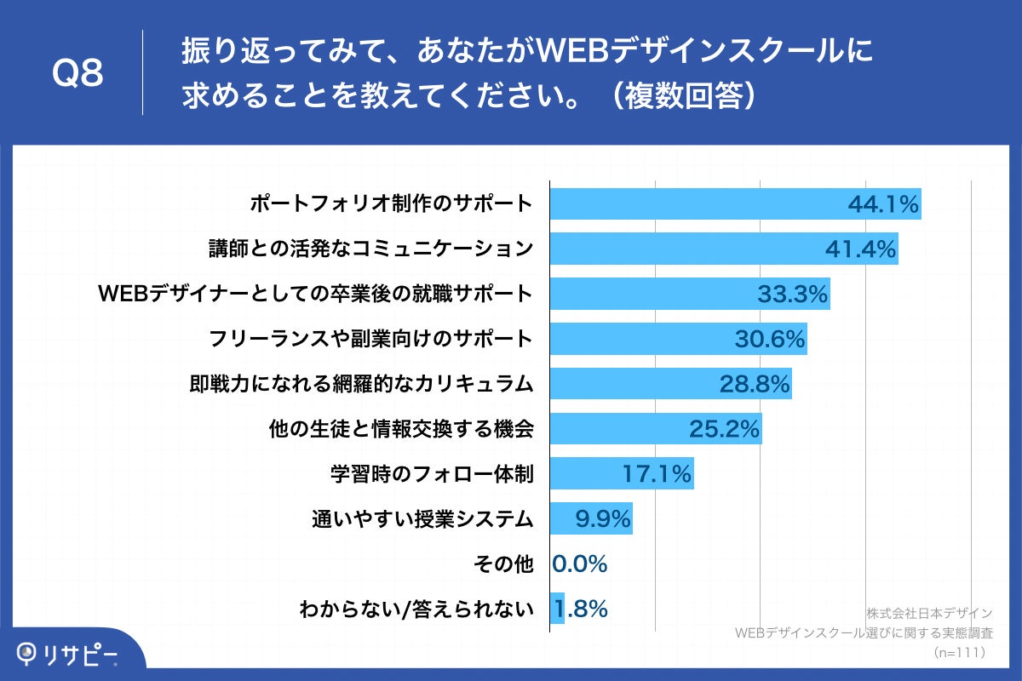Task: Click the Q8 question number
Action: pos(78,74)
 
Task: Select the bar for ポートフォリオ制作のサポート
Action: pos(698,204)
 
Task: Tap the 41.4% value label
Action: pos(860,249)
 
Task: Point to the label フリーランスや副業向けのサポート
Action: pos(371,339)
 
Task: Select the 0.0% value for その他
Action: pos(580,564)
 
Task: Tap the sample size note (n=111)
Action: pos(959,653)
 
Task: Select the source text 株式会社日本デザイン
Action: pos(929,613)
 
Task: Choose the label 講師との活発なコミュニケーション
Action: pos(371,249)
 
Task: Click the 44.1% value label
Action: pos(883,204)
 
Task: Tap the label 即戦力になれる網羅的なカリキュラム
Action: pos(361,384)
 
